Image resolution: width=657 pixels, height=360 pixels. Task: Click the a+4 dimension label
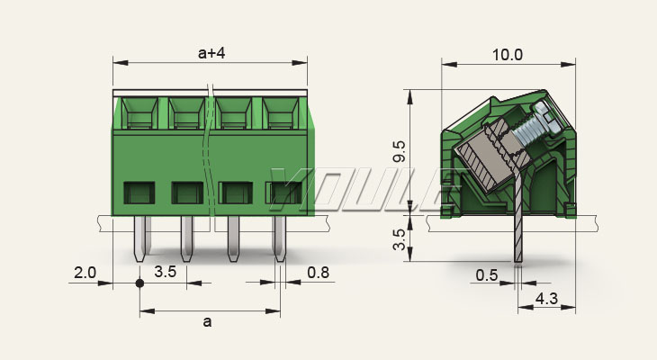[x=210, y=53]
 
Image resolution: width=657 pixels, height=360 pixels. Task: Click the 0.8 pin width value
[x=318, y=271]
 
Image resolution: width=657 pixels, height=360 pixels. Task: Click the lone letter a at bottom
[x=209, y=321]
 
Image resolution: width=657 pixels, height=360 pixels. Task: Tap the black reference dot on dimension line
[x=139, y=283]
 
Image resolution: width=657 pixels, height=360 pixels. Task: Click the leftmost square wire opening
[x=139, y=192]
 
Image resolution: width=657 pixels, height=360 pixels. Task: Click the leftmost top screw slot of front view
[x=139, y=115]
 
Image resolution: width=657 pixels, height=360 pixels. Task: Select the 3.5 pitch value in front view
[x=165, y=271]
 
